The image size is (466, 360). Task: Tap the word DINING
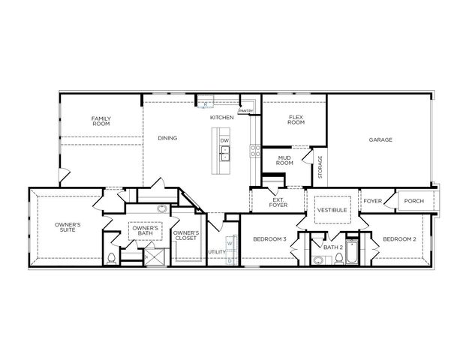click(x=167, y=138)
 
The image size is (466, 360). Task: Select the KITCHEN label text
click(x=221, y=118)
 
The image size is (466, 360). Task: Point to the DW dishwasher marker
click(x=224, y=141)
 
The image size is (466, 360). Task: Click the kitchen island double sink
click(x=224, y=154)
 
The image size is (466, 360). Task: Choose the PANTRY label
click(x=246, y=112)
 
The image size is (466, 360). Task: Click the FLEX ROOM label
click(x=296, y=121)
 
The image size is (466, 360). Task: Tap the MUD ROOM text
click(x=284, y=162)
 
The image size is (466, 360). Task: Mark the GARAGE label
click(x=380, y=140)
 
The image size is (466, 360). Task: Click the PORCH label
click(x=414, y=201)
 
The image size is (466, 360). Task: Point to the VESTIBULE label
click(x=332, y=210)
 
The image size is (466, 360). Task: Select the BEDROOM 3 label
click(x=269, y=238)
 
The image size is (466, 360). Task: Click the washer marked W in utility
click(x=230, y=244)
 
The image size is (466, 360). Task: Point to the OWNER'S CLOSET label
click(x=185, y=236)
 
